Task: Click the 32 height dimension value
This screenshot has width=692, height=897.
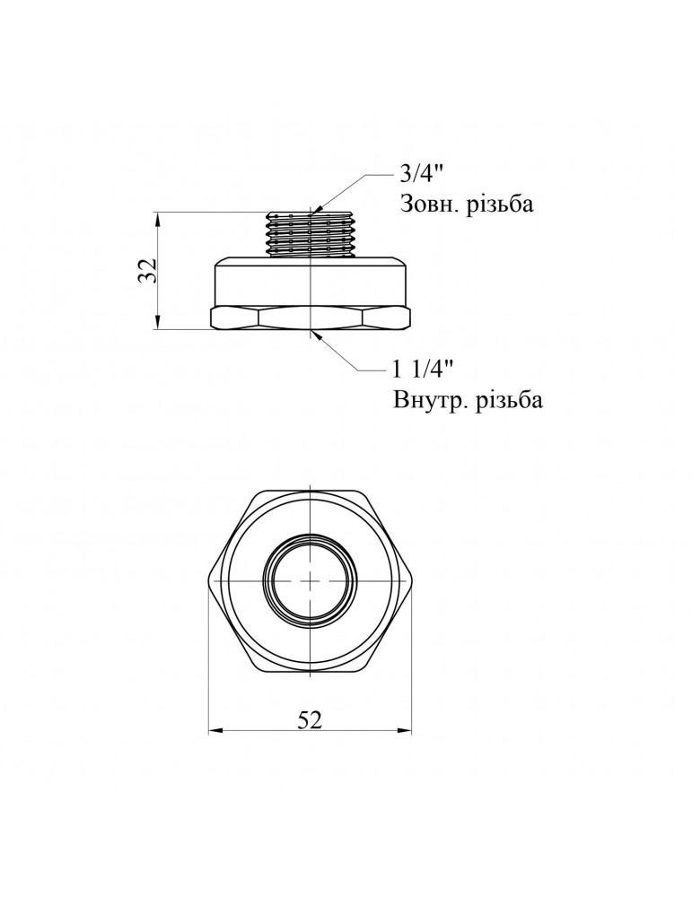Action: click(147, 270)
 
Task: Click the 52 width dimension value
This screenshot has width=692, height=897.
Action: click(310, 719)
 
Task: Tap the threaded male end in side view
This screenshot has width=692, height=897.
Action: click(310, 234)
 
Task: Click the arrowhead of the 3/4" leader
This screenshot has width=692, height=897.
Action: click(317, 209)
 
